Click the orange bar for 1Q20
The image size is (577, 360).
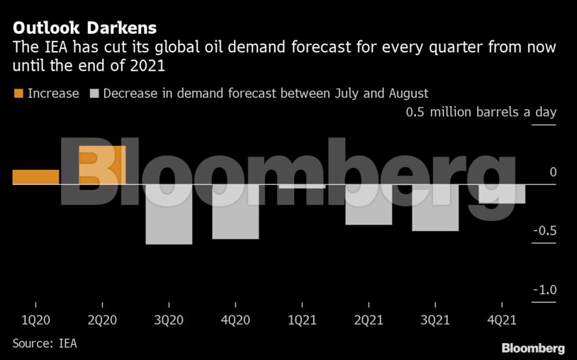pos(35,177)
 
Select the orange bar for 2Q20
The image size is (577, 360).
pos(102,165)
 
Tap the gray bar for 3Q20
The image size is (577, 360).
pos(169,214)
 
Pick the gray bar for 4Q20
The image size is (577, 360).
pos(235,211)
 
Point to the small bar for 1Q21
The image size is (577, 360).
pos(302,186)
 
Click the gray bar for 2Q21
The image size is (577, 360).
pos(369,204)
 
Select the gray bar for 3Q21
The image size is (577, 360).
pos(435,208)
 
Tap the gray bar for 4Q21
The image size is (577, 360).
pos(502,193)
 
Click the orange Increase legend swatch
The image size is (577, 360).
pos(18,94)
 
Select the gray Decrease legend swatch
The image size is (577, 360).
pos(94,94)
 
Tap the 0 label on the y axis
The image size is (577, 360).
pos(552,172)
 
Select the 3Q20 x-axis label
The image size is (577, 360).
pos(169,320)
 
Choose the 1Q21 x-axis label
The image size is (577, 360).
pos(302,320)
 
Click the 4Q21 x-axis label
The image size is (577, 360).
pos(502,320)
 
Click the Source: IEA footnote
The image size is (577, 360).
pos(44,344)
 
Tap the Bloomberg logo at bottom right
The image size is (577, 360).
pos(532,348)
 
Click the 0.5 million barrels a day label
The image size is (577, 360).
pos(481,113)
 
